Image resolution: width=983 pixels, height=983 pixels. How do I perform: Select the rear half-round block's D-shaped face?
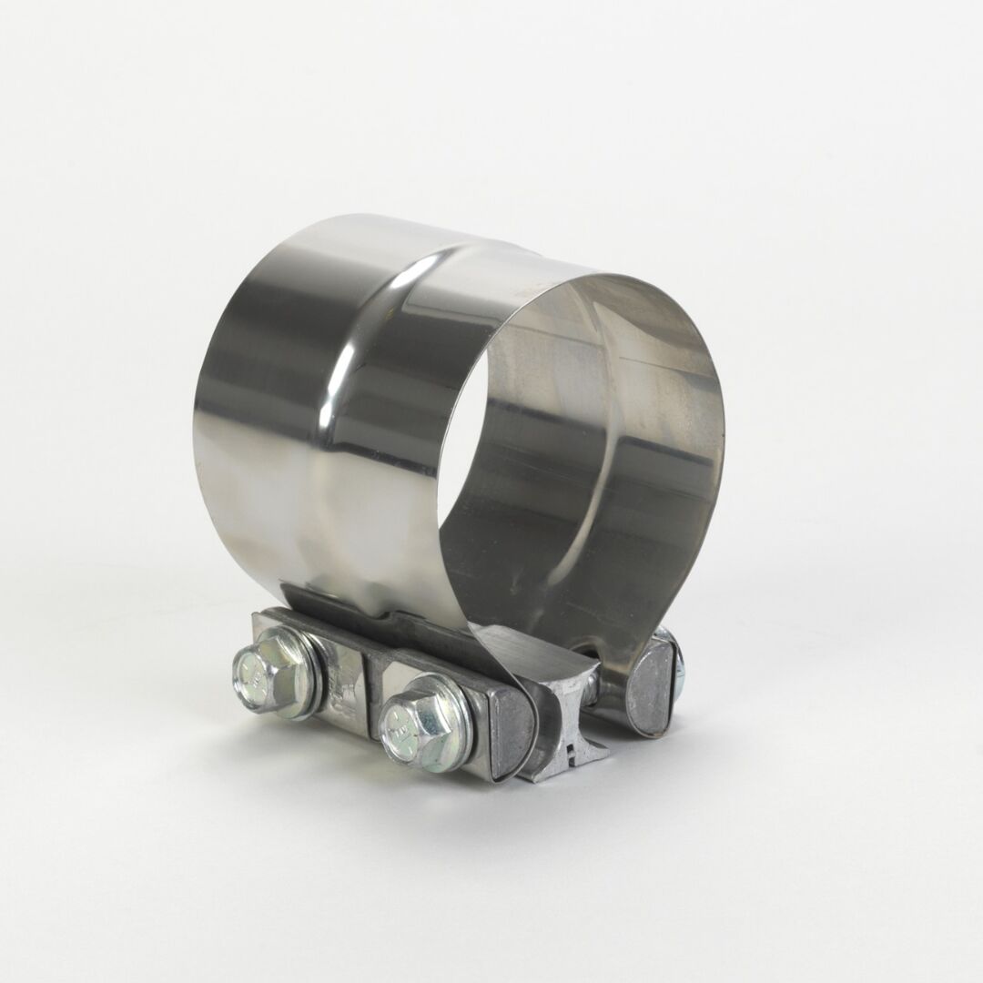point(649,688)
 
